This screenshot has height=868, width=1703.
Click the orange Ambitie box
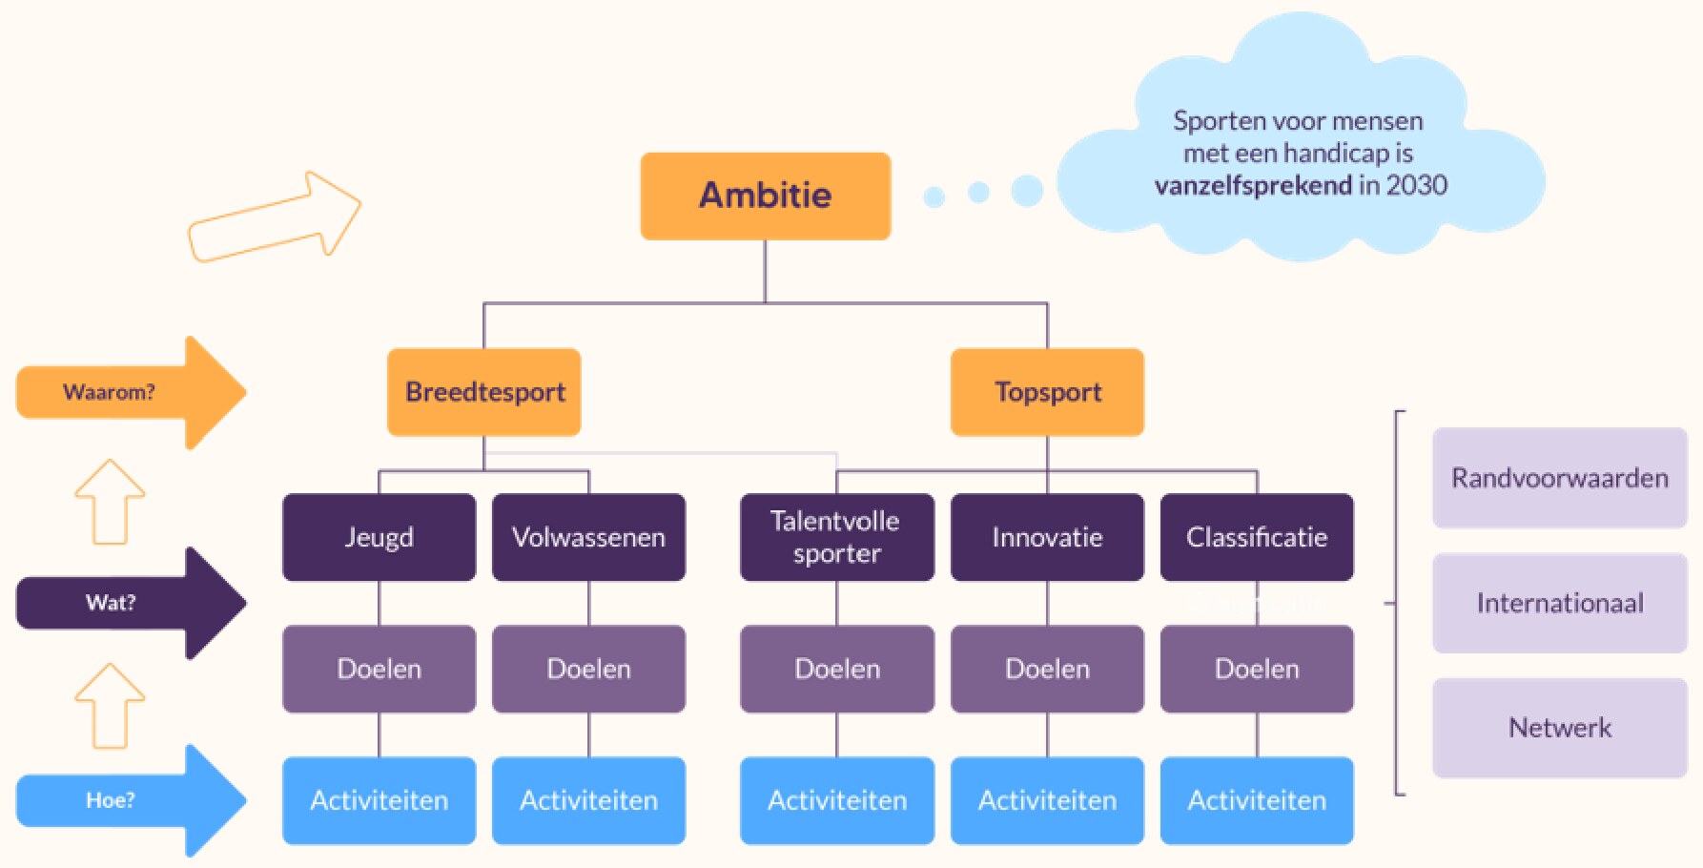coord(765,196)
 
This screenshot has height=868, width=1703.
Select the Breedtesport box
coord(484,392)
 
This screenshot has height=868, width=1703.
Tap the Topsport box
coord(1047,392)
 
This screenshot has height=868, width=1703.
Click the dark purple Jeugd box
coord(379,537)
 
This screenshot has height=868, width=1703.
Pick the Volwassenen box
coord(588,537)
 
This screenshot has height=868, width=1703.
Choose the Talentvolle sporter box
coord(837,537)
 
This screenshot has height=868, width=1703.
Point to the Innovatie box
coord(1047,537)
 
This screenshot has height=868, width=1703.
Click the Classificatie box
coord(1257,537)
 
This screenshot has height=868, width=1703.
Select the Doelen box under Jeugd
coord(379,669)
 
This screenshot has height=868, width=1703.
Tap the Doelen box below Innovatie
coord(1047,669)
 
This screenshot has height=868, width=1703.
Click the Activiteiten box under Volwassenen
coord(588,800)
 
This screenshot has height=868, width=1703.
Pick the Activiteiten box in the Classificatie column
coord(1257,800)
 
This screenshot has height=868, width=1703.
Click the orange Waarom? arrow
coord(132,392)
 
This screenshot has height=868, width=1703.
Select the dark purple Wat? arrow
coord(132,603)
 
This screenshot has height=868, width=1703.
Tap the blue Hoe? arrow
coord(132,800)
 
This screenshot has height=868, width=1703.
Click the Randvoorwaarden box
coord(1560,478)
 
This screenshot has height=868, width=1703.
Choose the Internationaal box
coord(1560,603)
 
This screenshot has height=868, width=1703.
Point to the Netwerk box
coord(1560,728)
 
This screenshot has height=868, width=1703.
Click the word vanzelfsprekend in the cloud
coord(1253,185)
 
